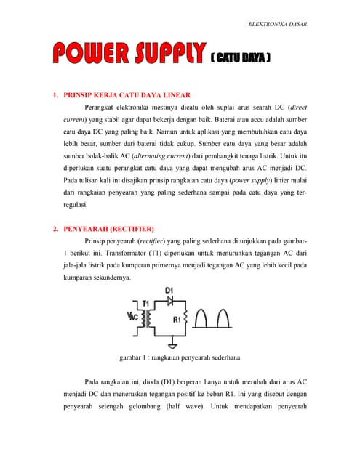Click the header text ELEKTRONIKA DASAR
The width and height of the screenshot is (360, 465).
(277, 24)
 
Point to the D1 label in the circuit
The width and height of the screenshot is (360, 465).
(169, 291)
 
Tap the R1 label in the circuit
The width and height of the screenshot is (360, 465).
(175, 319)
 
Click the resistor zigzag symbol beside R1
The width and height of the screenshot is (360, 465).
(190, 318)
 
